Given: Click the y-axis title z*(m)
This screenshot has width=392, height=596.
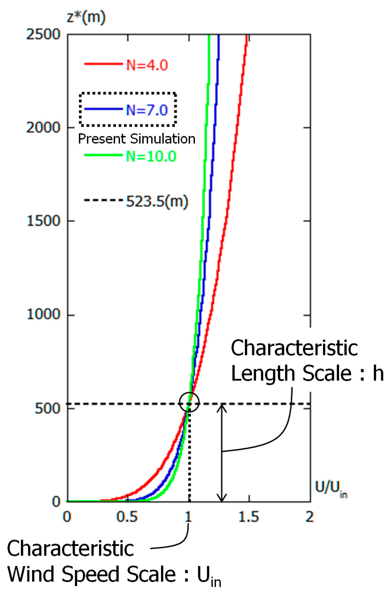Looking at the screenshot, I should click(x=86, y=17).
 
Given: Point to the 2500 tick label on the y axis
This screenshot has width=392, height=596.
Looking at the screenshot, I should click(x=43, y=34).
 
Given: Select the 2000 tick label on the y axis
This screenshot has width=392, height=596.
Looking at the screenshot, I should click(x=43, y=127).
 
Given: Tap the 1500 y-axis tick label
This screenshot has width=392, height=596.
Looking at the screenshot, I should click(x=43, y=221).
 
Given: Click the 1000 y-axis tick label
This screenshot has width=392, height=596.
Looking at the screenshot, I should click(x=43, y=314).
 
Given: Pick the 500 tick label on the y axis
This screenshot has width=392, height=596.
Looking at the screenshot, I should click(x=47, y=408).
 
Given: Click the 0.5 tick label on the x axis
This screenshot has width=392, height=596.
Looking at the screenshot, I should click(x=127, y=517).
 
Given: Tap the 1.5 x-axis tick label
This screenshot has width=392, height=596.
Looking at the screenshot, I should click(x=249, y=517).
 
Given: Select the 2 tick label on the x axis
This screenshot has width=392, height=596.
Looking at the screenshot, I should click(x=310, y=517).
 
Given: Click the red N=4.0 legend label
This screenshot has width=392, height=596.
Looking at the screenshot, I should click(x=147, y=65).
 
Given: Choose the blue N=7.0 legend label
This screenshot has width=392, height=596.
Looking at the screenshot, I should click(x=147, y=110).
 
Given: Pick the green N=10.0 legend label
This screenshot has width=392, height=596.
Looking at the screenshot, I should click(x=151, y=156).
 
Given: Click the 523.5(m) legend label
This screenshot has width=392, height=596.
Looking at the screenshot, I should click(x=157, y=201).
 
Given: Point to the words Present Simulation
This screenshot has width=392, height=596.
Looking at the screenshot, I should click(x=137, y=139).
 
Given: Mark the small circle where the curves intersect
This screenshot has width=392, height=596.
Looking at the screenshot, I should click(x=189, y=402).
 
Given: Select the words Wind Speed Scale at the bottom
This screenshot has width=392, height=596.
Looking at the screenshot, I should click(x=91, y=574).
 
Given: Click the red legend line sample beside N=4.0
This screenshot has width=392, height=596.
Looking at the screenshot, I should click(x=103, y=64).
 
